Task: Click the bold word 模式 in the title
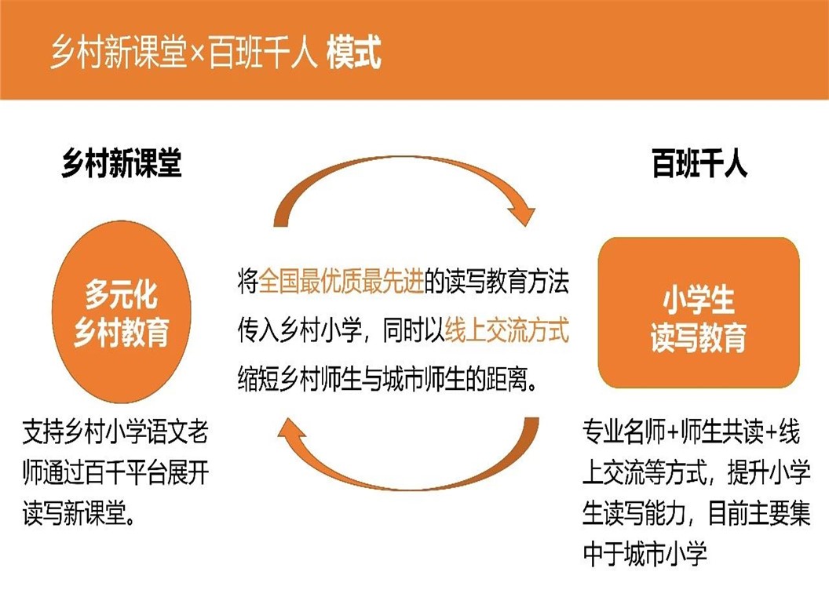354,52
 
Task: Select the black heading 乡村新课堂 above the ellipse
122,163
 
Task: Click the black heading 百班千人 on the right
699,163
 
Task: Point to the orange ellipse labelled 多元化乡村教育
122,311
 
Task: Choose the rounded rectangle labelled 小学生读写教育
699,313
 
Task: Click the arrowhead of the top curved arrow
521,215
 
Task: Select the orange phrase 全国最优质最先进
341,281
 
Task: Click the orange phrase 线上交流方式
507,331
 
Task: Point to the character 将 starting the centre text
248,281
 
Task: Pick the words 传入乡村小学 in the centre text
300,331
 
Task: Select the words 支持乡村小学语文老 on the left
115,432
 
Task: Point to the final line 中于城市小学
645,553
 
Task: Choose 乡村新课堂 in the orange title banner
119,53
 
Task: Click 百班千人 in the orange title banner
262,53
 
